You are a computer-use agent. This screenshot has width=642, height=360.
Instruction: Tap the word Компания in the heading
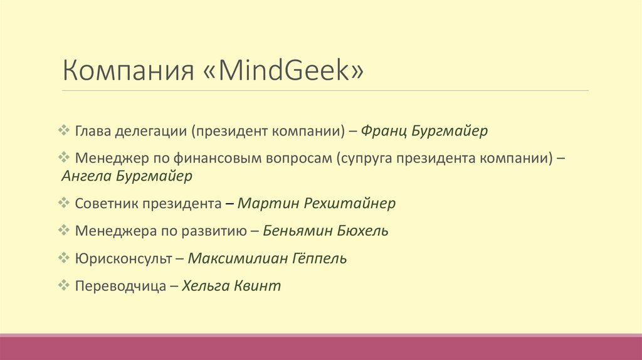click(x=127, y=71)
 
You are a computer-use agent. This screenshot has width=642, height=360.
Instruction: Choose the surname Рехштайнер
click(x=350, y=203)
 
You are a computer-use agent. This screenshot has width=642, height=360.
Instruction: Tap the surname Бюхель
click(x=363, y=230)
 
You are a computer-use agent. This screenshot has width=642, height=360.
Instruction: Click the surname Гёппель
click(x=320, y=258)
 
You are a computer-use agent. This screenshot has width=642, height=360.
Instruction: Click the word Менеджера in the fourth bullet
click(x=108, y=230)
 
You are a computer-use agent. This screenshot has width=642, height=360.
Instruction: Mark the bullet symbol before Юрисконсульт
click(x=64, y=257)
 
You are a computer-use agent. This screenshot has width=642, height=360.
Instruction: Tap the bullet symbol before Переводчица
click(x=64, y=285)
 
